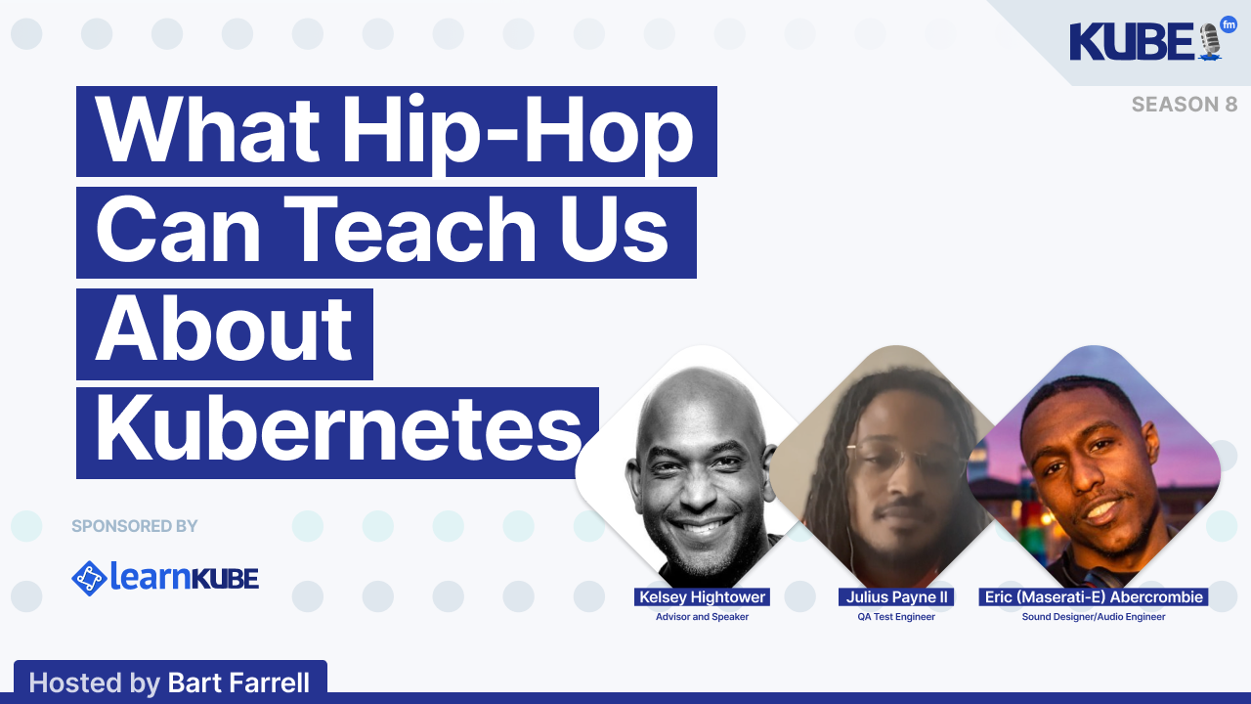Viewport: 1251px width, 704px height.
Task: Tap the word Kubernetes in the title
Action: tap(338, 431)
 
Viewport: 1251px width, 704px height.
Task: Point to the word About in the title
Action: tap(224, 332)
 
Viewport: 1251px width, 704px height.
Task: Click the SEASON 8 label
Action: tap(1185, 105)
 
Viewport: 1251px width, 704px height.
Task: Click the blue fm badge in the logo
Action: tap(1229, 25)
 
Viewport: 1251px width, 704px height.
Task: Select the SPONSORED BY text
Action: tap(135, 526)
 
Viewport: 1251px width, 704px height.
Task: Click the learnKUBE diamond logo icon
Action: tap(89, 578)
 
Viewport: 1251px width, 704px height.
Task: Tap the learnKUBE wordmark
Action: tap(184, 578)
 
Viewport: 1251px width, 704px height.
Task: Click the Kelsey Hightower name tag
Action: tap(702, 597)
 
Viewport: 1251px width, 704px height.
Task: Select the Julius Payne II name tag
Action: tap(896, 597)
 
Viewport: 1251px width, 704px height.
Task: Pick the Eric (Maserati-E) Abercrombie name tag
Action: tap(1094, 597)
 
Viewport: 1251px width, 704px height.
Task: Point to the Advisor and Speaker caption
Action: tap(702, 617)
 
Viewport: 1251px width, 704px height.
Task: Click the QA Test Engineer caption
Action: tap(896, 617)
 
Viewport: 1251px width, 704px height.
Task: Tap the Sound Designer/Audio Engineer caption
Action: tap(1094, 617)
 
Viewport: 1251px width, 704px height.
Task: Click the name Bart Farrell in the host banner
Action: tap(238, 682)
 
